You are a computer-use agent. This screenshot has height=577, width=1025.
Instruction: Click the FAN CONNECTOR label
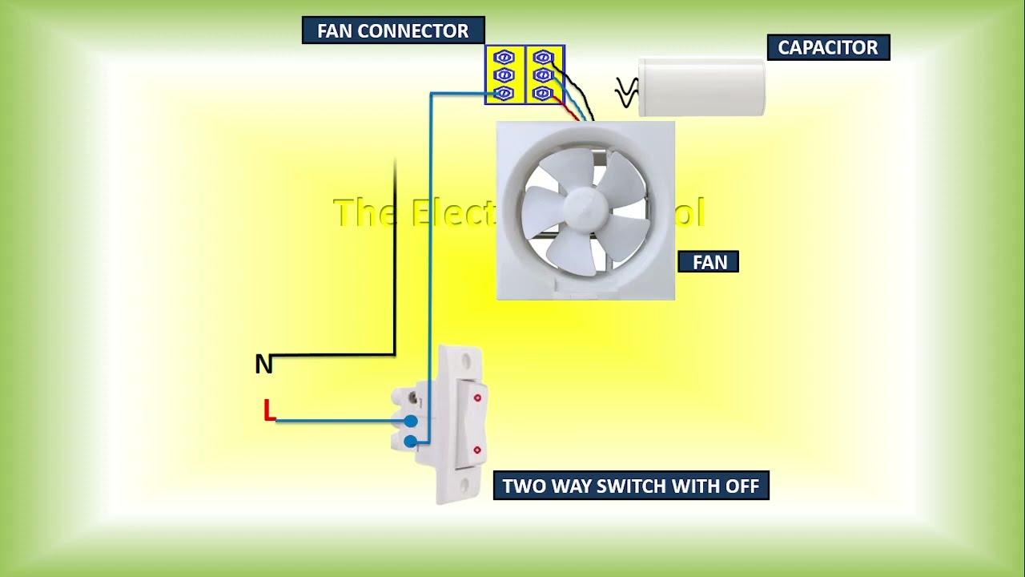pos(392,30)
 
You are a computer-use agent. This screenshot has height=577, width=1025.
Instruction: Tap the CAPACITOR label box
pos(828,47)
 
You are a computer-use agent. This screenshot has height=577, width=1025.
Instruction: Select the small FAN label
pos(709,262)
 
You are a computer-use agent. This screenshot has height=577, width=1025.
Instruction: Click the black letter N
pos(263,365)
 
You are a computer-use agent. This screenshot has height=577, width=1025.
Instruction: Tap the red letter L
pos(269,411)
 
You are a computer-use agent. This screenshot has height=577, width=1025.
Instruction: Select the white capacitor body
pos(701,87)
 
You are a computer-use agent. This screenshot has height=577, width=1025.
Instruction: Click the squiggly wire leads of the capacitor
pos(626,92)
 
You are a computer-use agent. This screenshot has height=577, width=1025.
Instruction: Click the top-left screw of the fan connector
pos(504,58)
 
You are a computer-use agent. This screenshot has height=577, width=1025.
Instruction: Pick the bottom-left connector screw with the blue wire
pos(504,94)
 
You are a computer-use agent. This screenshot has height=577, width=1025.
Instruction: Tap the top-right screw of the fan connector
pos(544,58)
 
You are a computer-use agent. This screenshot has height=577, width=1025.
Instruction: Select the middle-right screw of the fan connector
pos(544,75)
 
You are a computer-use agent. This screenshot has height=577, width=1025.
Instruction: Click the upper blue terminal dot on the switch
pos(411,421)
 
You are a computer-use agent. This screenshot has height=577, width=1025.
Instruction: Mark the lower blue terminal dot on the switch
pos(411,442)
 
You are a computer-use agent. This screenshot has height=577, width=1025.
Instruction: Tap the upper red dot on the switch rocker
pos(477,397)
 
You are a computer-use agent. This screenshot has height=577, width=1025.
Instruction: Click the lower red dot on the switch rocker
pos(477,450)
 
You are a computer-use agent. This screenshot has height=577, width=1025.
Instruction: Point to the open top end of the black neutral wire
pos(396,162)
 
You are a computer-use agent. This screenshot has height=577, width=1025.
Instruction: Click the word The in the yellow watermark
pos(365,212)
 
